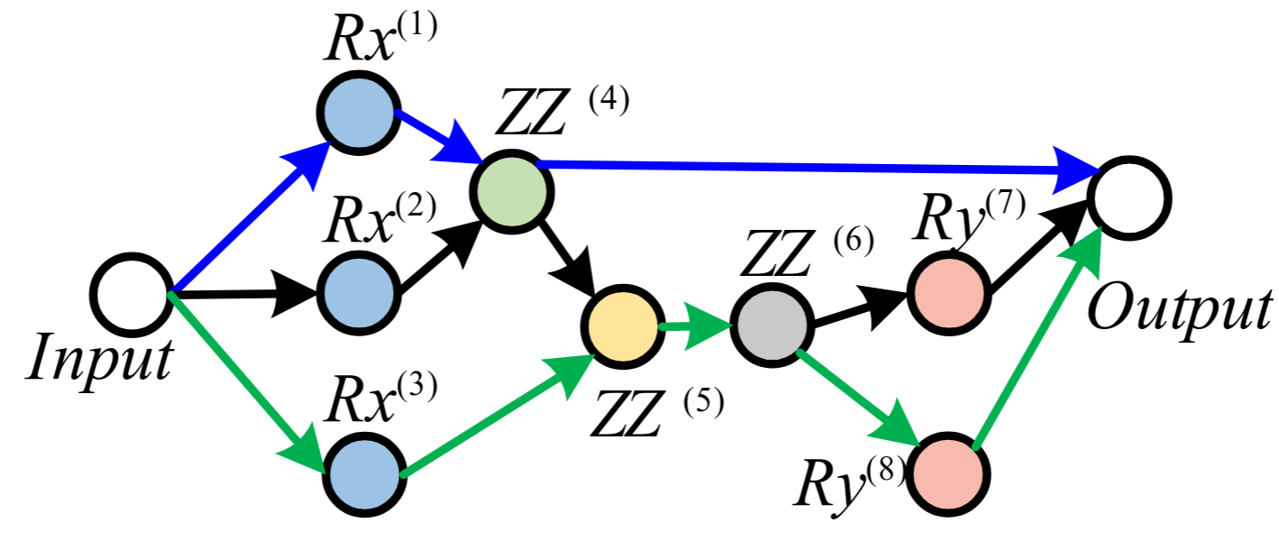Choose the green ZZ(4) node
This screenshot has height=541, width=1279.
[x=512, y=192]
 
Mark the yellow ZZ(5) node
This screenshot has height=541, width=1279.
[x=623, y=326]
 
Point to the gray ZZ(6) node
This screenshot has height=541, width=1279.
[x=771, y=327]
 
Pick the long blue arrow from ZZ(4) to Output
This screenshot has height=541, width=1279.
[x=811, y=167]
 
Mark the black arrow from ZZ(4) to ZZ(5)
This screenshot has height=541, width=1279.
[x=568, y=257]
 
